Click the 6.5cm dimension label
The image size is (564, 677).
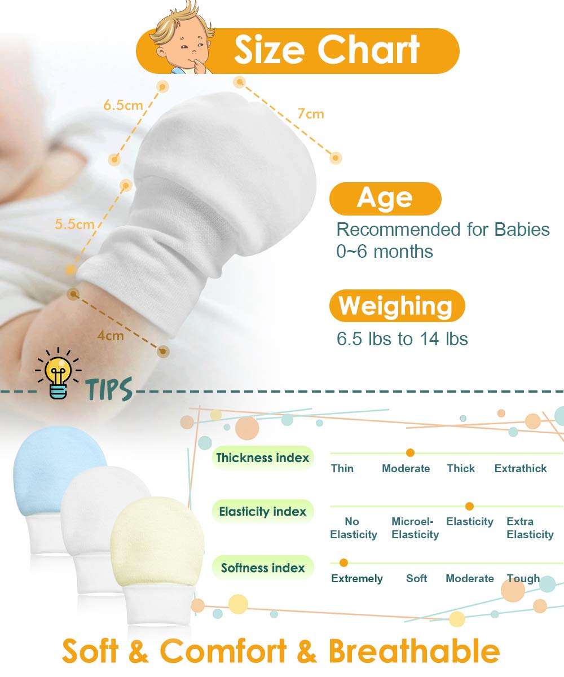coord(123,105)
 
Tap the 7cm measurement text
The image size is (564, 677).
coord(311,114)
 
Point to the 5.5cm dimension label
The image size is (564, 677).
coord(74,224)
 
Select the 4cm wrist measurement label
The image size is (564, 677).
coord(111,335)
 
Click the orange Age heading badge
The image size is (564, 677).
coord(385,199)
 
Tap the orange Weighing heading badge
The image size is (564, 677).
coord(397,305)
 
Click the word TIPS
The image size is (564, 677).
coord(109,389)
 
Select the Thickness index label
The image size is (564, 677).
coord(263,458)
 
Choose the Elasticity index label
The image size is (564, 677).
coord(263,512)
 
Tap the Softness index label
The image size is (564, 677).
coord(263,568)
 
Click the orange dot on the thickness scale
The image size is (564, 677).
coord(410,452)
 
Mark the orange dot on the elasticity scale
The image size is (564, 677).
coord(469,506)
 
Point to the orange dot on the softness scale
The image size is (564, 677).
coord(343,562)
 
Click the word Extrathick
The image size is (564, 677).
coord(521,468)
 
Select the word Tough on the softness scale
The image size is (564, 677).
coord(523,579)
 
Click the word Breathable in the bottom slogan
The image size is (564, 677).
coord(414,651)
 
